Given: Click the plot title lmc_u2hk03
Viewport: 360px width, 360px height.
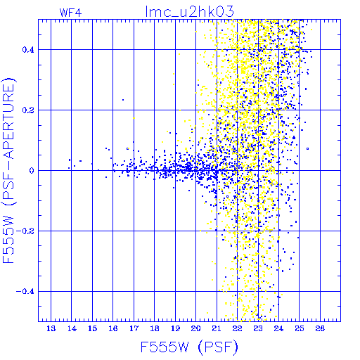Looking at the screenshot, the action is pos(190,11).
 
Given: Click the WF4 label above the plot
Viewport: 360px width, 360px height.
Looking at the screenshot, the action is pos(71,13).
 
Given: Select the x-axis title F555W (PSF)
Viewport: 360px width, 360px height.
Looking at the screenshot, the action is pos(189,347).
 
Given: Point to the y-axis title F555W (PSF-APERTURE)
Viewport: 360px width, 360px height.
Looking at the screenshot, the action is pos(8,170).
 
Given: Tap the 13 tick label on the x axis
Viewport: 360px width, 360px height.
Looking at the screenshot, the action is pos(51,328).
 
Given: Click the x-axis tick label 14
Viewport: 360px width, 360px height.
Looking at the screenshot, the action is pos(72,328).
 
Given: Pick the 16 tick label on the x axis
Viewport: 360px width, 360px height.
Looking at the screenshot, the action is pos(113,328).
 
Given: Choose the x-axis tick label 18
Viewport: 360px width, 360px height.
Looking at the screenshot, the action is pos(155,328).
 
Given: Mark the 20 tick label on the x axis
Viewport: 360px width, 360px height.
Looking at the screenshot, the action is pos(196,328).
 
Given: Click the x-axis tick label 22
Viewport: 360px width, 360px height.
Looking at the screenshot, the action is pos(237,328).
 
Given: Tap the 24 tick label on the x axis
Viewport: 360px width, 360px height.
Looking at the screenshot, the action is pos(278,328).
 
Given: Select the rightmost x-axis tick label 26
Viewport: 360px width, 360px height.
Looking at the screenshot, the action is pos(320,328).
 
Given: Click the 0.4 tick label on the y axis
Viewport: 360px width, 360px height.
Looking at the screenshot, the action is pos(28,50).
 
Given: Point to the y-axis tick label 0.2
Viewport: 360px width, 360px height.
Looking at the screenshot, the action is pos(28,110).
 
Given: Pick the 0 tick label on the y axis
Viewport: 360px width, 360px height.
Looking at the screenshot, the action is pos(32,171).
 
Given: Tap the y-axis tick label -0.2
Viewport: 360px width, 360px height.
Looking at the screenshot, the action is pos(25,231).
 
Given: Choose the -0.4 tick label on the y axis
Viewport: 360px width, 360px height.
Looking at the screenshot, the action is pos(25,292).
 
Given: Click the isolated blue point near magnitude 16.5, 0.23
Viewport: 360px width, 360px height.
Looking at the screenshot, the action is pos(123,100).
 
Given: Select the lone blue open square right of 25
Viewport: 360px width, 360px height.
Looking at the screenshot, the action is pos(308,148).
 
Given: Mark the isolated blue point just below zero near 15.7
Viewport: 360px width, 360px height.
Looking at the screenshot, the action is pos(106,177).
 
